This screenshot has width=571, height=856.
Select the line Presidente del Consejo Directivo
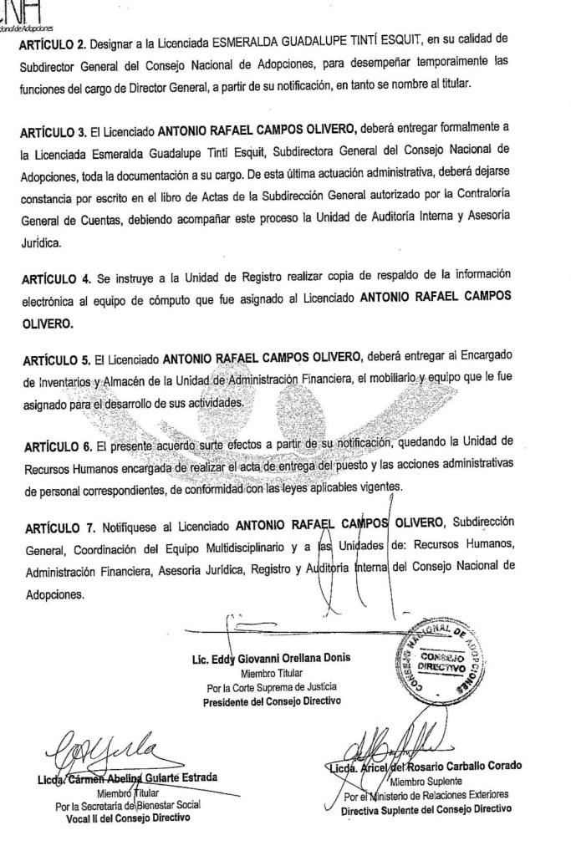[x=273, y=702]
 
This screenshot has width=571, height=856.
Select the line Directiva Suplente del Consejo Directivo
[x=426, y=810]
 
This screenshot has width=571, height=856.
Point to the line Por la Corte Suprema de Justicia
[x=272, y=688]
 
